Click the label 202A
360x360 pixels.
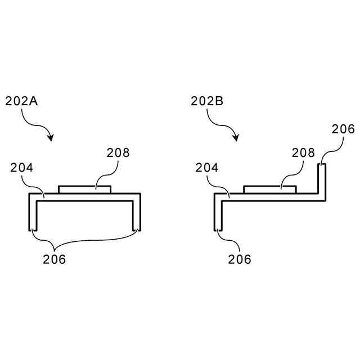click(21, 101)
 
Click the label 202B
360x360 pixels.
click(207, 101)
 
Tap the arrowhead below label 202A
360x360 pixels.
click(51, 137)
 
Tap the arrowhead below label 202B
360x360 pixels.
click(236, 137)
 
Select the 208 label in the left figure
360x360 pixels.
click(118, 152)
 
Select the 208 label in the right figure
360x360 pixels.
click(303, 152)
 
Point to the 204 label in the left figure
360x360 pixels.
click(21, 168)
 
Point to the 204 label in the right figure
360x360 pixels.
click(207, 168)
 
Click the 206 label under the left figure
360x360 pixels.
click(55, 259)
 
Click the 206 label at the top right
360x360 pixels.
click(343, 129)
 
